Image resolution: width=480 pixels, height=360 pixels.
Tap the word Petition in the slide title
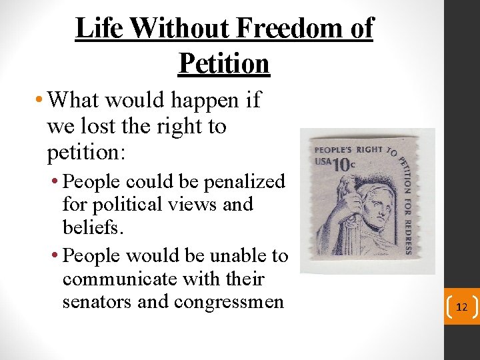224,63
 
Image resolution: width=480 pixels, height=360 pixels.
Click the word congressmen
229,301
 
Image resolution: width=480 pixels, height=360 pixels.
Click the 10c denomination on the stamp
343,164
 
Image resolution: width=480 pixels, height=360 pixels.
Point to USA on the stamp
323,163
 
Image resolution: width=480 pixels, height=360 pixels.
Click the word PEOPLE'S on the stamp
334,149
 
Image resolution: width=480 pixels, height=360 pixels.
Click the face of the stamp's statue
377,212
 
